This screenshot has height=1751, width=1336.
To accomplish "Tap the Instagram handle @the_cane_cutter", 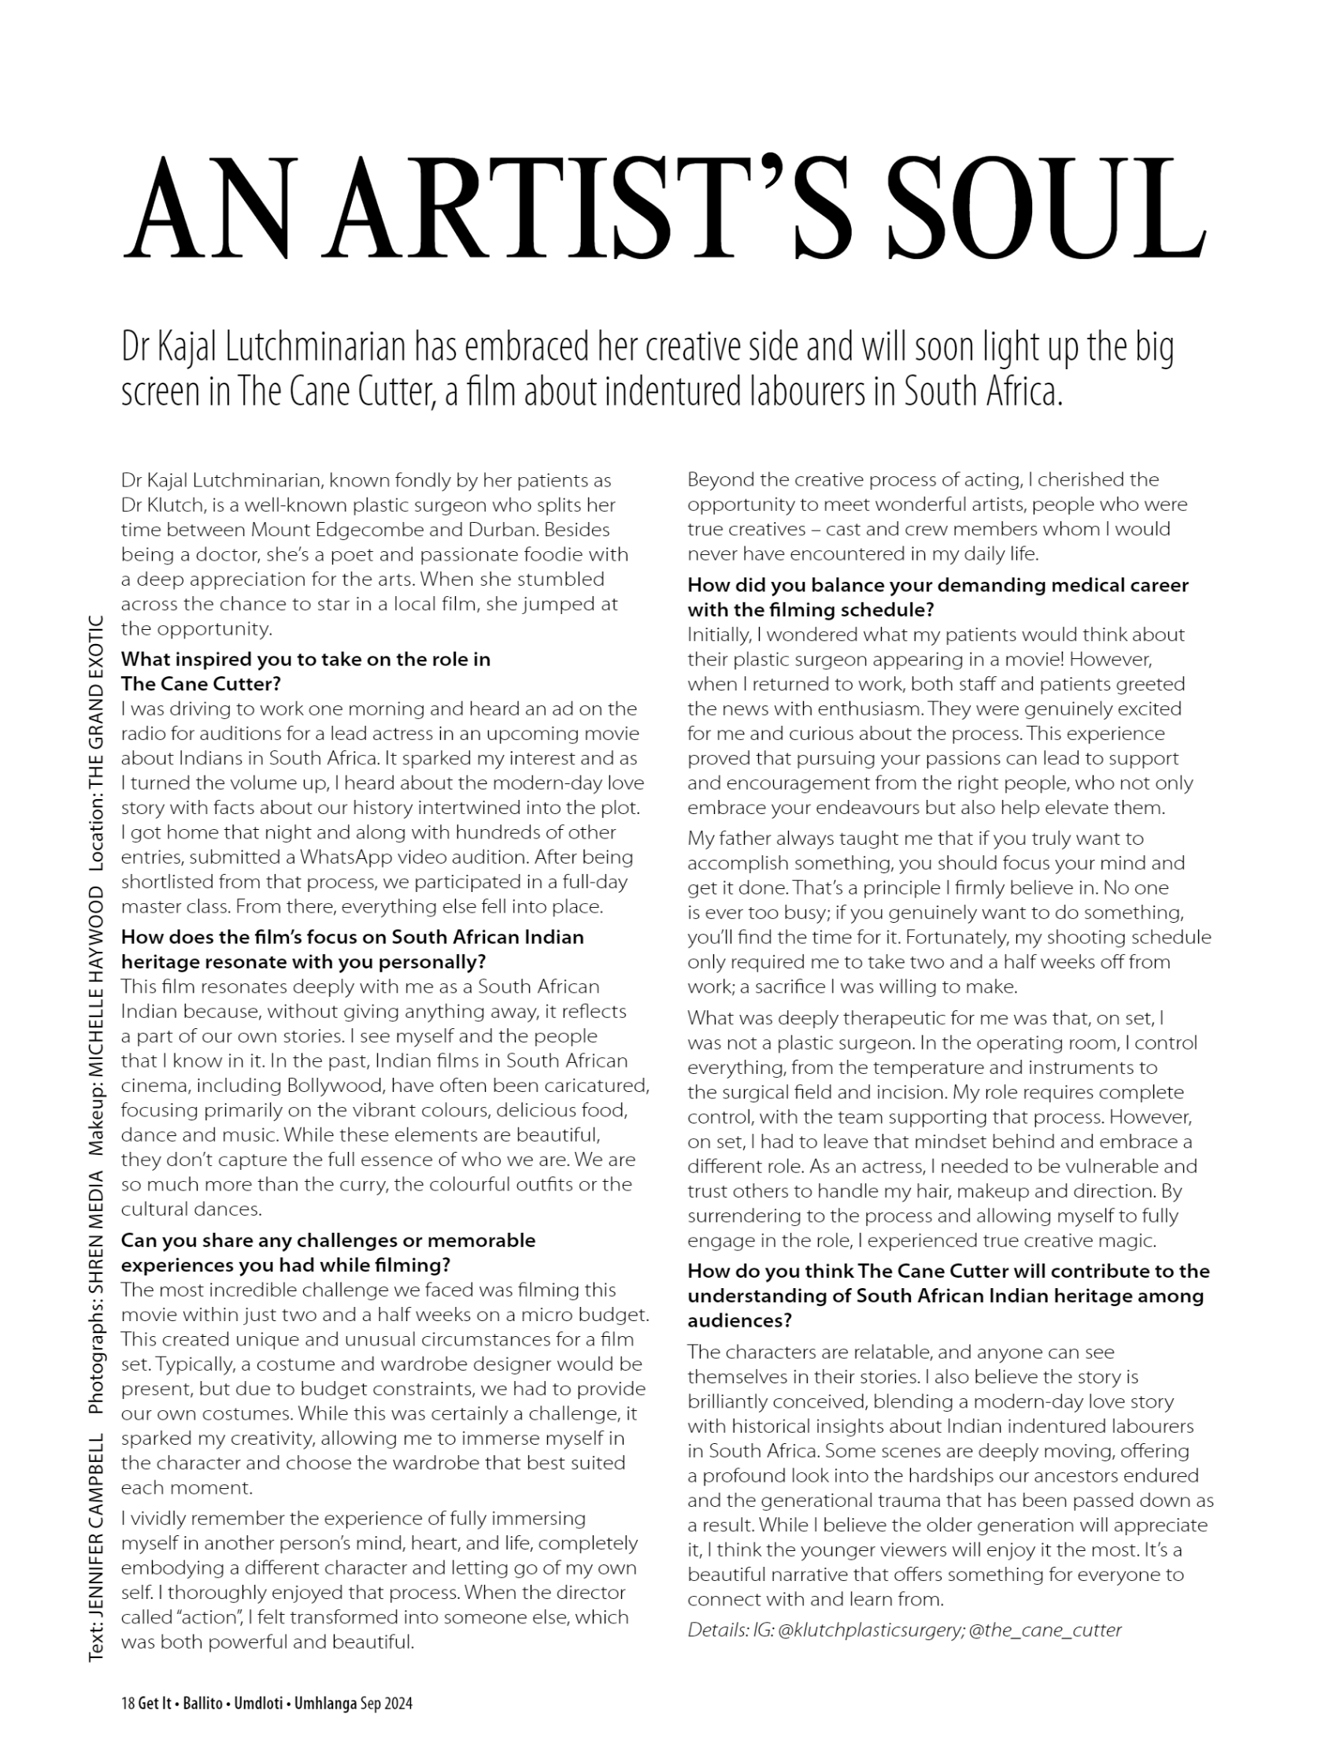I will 1045,1630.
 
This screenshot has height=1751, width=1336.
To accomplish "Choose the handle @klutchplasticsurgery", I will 871,1630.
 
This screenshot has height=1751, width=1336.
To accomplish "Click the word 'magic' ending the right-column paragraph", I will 1130,1241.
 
